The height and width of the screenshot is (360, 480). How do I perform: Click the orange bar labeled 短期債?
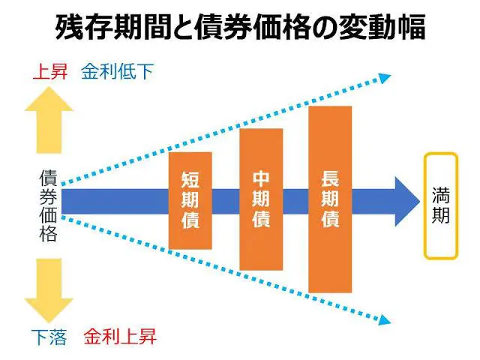[190, 200]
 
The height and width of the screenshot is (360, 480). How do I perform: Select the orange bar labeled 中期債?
[261, 199]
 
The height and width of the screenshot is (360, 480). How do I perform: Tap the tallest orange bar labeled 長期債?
[330, 199]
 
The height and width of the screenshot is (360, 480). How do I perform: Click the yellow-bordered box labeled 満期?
[440, 205]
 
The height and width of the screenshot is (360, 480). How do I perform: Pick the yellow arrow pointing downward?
[49, 289]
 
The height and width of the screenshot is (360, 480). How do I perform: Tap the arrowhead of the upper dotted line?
[383, 76]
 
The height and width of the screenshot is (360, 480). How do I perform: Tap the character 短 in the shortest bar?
[190, 180]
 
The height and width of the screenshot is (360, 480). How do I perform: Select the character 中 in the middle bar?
[261, 179]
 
